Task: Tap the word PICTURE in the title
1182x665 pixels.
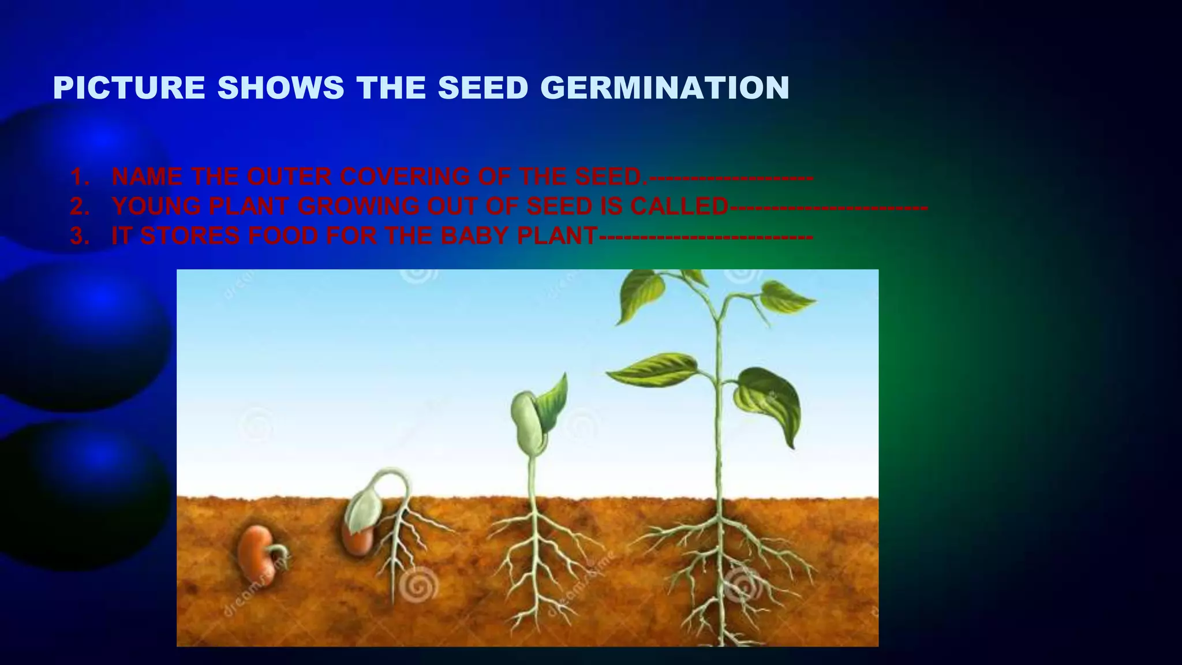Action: tap(129, 88)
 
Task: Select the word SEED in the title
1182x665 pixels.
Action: tap(482, 88)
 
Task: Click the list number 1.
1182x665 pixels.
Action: tap(80, 177)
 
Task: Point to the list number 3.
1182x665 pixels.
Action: tap(80, 236)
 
